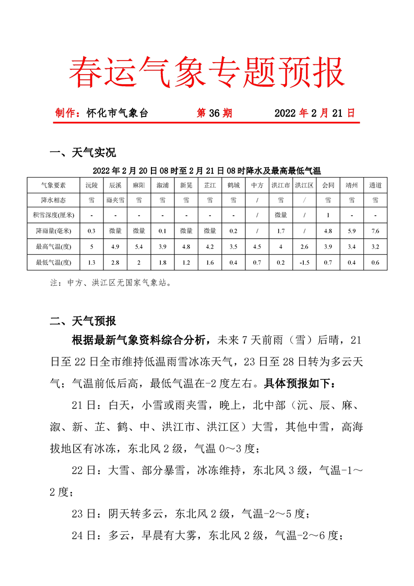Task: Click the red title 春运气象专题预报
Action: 207,72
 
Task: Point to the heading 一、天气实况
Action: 82,153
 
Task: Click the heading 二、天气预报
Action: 82,321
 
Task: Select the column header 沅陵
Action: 91,185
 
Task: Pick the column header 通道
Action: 375,185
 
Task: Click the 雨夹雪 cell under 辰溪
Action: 115,200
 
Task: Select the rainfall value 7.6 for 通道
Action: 375,231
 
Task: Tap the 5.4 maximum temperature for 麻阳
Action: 139,247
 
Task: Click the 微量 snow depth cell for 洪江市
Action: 280,215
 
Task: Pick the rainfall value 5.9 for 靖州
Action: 351,231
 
